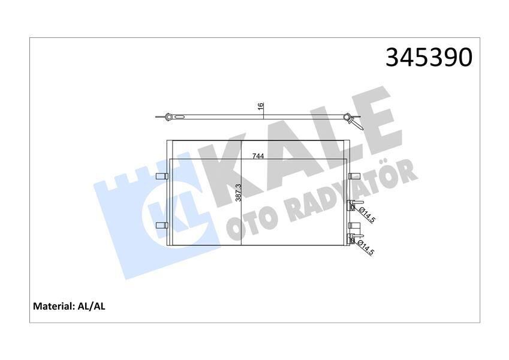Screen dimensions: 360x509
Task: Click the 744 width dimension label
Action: point(258,156)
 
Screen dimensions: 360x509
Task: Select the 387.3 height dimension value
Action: point(238,193)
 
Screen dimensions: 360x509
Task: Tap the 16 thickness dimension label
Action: point(260,106)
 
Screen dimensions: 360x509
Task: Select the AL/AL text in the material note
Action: point(92,306)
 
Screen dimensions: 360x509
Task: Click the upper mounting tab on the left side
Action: point(161,176)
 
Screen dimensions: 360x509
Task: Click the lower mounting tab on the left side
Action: point(161,225)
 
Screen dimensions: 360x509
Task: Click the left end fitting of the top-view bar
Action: point(166,116)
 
